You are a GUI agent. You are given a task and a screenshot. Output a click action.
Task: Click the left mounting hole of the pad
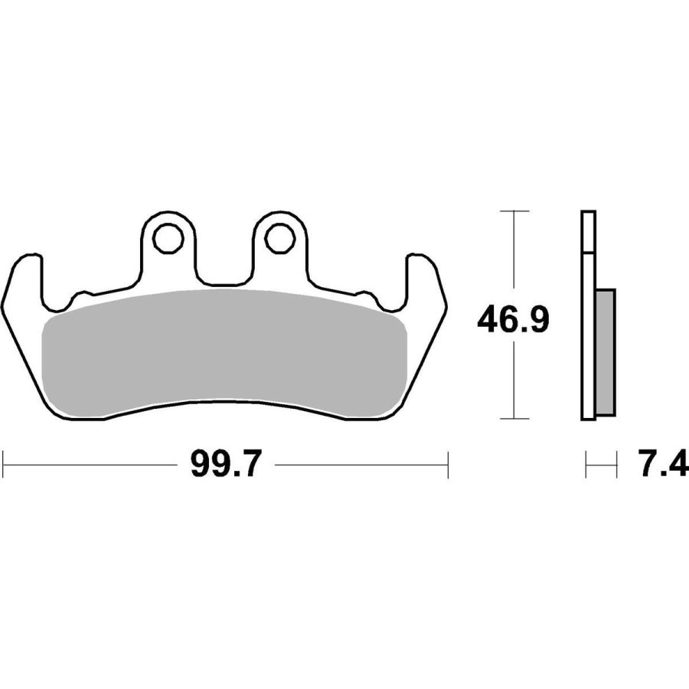168,238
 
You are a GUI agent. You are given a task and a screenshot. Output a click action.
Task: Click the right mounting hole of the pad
279,238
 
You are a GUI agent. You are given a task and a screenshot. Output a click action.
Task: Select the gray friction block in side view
606,351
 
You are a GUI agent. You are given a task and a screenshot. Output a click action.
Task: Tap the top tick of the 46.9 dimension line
514,211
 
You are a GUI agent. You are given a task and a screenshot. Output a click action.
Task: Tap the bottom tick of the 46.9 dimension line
514,419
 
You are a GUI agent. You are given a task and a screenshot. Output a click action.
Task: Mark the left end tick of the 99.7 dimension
4,464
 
